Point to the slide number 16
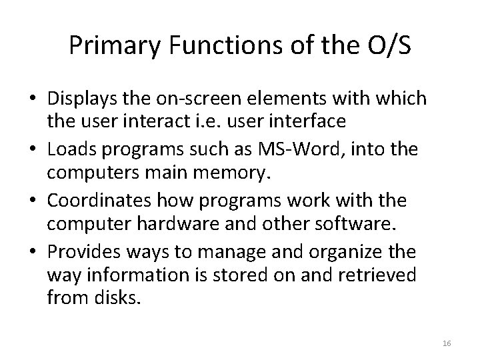click(447, 342)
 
